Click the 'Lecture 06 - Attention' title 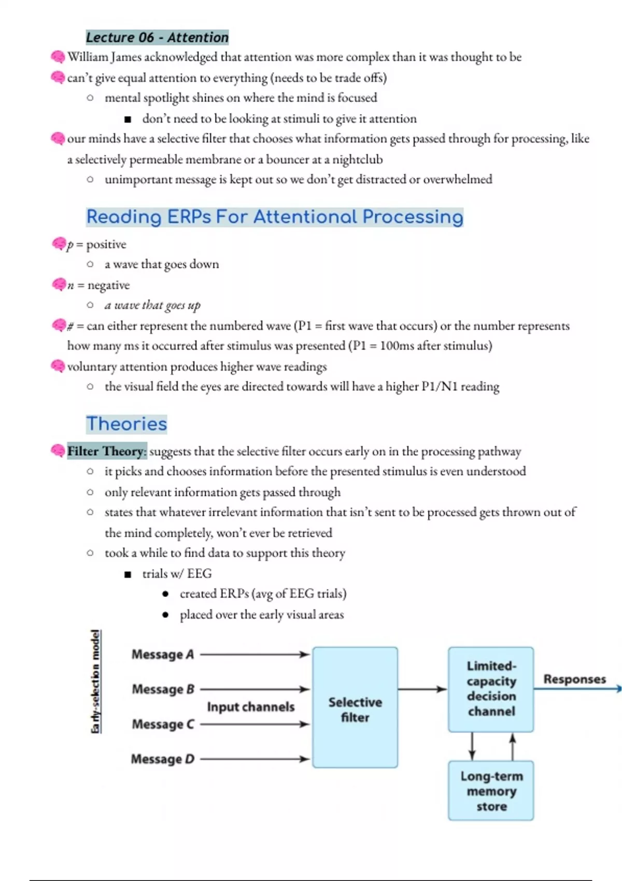(x=157, y=37)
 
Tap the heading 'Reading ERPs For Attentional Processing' (x=275, y=217)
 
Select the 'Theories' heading (x=126, y=424)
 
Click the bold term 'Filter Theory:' (x=107, y=451)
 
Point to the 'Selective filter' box (x=355, y=707)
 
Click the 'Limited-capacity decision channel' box (x=491, y=689)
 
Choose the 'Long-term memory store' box (x=491, y=791)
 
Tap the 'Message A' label (x=163, y=655)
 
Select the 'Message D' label (x=163, y=759)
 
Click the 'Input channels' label (x=251, y=707)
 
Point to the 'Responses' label (x=574, y=679)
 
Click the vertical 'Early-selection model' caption (x=95, y=681)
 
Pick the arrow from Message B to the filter (x=254, y=689)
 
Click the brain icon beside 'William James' (x=58, y=56)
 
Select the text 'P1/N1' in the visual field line (x=439, y=387)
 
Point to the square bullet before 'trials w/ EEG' (x=128, y=574)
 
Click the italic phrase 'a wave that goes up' (x=152, y=305)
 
